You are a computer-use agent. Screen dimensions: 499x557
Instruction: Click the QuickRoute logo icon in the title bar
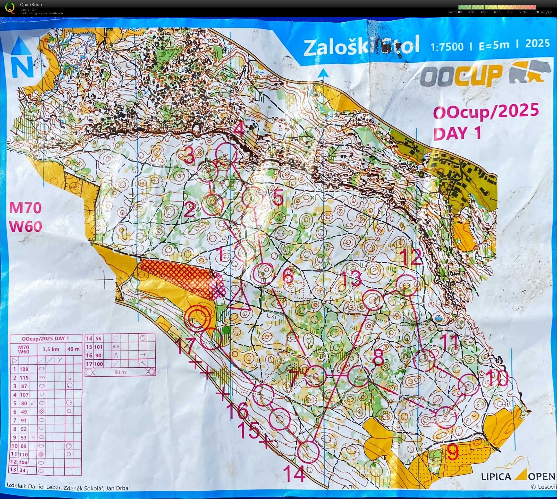pos(10,7)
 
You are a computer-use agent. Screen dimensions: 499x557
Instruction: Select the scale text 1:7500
pos(447,47)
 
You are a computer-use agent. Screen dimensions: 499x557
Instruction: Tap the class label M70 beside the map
pos(26,208)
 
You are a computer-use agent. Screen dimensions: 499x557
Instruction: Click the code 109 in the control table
pos(24,369)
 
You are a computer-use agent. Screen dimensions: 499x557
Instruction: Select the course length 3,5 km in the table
pos(51,349)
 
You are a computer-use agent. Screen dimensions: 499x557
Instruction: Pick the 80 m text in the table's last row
pos(120,372)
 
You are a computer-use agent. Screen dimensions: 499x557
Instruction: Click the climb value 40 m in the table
pos(73,349)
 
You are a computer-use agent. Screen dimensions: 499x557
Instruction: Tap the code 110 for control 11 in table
pos(24,454)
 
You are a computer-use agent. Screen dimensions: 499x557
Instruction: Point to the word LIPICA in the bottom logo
pos(496,477)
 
